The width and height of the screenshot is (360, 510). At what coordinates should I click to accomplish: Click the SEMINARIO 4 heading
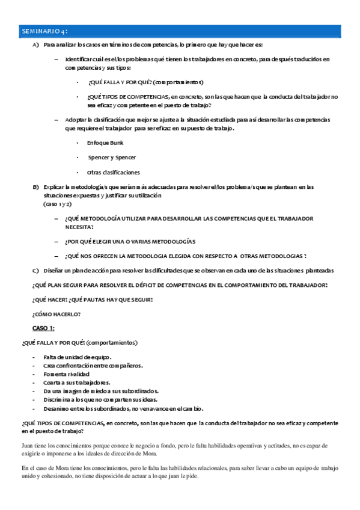click(44, 30)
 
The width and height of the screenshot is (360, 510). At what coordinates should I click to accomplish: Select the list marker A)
click(36, 45)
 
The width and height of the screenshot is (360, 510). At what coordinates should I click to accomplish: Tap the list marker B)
click(36, 187)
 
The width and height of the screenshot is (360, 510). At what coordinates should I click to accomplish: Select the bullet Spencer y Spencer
click(112, 158)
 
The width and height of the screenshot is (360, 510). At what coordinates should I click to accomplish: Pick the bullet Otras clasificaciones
click(113, 173)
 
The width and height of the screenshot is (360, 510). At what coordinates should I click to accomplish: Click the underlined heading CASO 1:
click(43, 328)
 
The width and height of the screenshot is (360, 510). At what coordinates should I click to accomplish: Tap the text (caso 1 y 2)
click(57, 204)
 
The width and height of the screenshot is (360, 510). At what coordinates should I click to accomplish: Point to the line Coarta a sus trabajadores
click(77, 382)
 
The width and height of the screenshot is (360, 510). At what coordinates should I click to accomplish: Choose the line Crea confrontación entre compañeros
click(93, 366)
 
